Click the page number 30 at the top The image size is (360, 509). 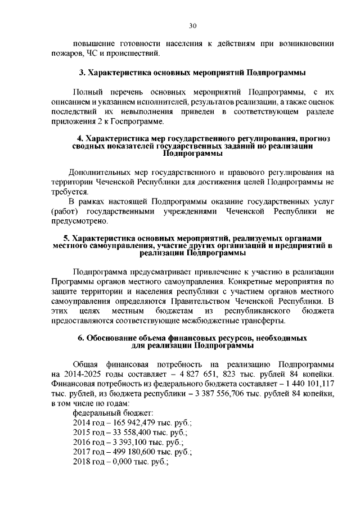click(192, 26)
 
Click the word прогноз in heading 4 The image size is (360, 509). click(315, 138)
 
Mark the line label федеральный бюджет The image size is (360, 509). click(109, 414)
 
